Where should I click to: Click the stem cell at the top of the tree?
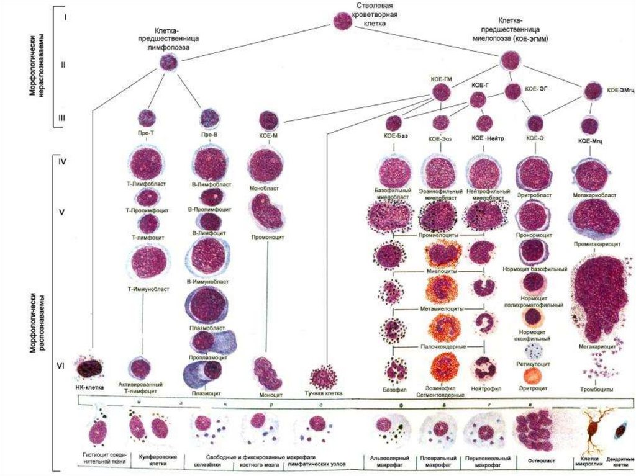click(343, 22)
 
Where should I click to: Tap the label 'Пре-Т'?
click(147, 133)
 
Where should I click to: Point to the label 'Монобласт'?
click(265, 187)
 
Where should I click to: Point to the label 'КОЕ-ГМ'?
click(440, 79)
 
